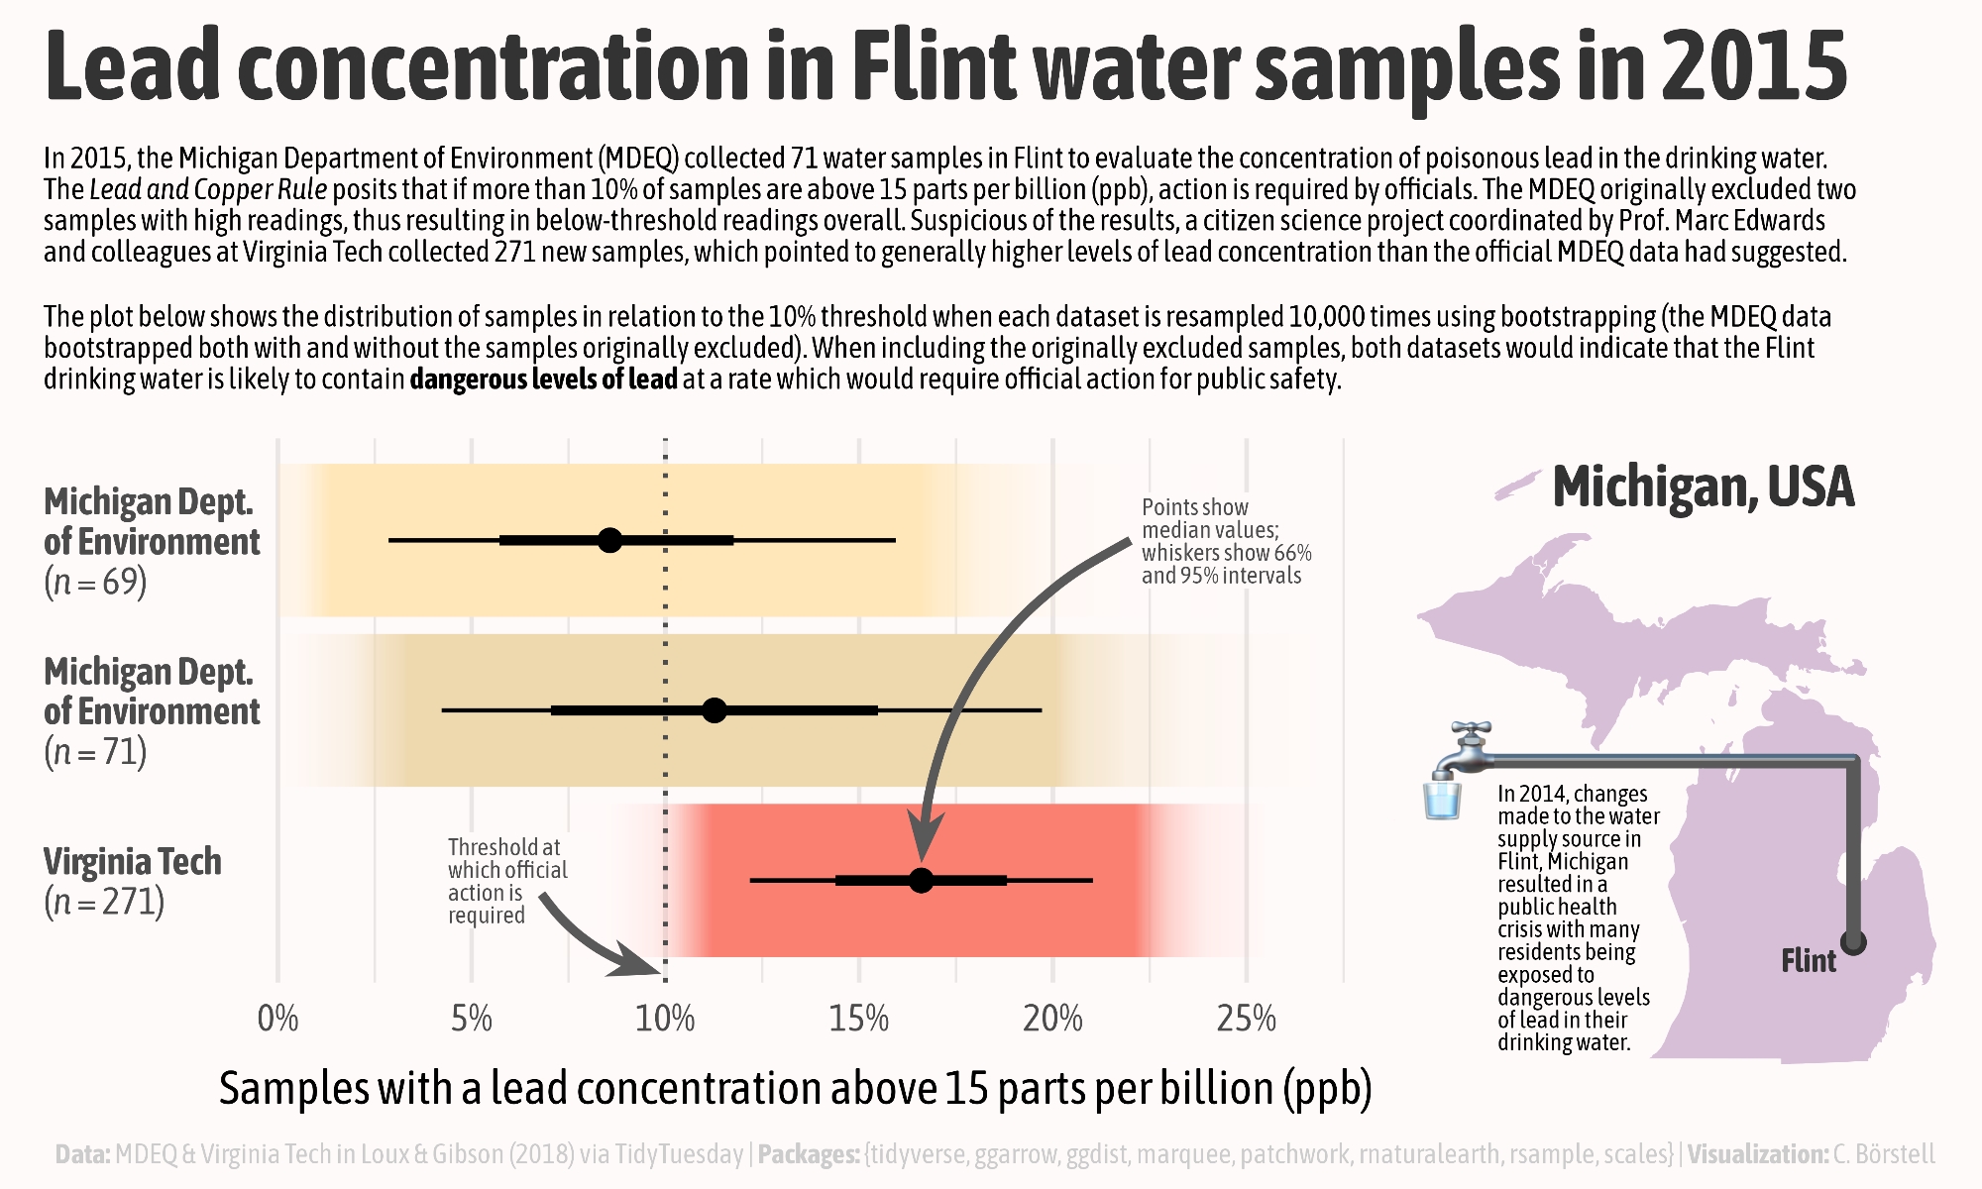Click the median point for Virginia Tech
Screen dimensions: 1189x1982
pyautogui.click(x=921, y=880)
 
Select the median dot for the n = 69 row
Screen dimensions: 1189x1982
pyautogui.click(x=609, y=540)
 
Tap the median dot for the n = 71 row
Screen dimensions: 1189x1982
pyautogui.click(x=714, y=710)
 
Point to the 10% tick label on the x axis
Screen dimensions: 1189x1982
pyautogui.click(x=665, y=1019)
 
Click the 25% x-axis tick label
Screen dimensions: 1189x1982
pyautogui.click(x=1246, y=1019)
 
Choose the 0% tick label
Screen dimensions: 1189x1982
pyautogui.click(x=277, y=1019)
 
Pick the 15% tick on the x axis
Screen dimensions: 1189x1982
pyautogui.click(x=858, y=1019)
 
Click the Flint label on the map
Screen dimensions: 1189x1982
pyautogui.click(x=1808, y=961)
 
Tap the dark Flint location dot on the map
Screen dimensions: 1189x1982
pyautogui.click(x=1853, y=941)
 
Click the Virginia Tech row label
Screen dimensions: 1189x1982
pyautogui.click(x=133, y=862)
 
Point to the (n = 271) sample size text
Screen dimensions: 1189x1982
pyautogui.click(x=104, y=903)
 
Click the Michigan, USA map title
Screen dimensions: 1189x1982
pyautogui.click(x=1703, y=487)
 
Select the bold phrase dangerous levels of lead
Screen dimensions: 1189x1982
pyautogui.click(x=543, y=379)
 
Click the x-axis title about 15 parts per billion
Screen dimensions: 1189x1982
pyautogui.click(x=795, y=1089)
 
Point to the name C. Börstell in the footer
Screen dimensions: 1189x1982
pyautogui.click(x=1883, y=1154)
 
